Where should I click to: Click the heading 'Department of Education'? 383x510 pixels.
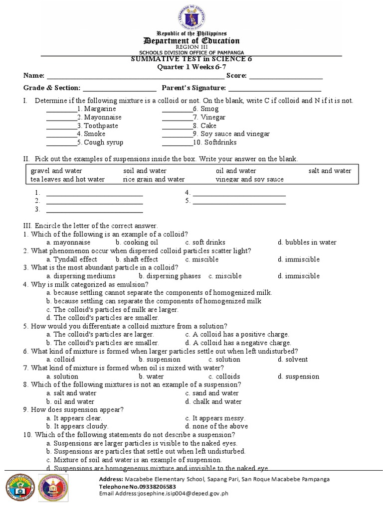point(191,41)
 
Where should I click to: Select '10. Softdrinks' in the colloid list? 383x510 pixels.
point(215,142)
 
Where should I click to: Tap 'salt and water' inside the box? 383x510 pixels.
point(330,171)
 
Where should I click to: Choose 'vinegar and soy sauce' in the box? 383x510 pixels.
point(249,179)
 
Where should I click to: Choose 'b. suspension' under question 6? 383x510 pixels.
point(160,360)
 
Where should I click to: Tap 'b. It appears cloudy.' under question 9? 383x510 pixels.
point(77,426)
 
